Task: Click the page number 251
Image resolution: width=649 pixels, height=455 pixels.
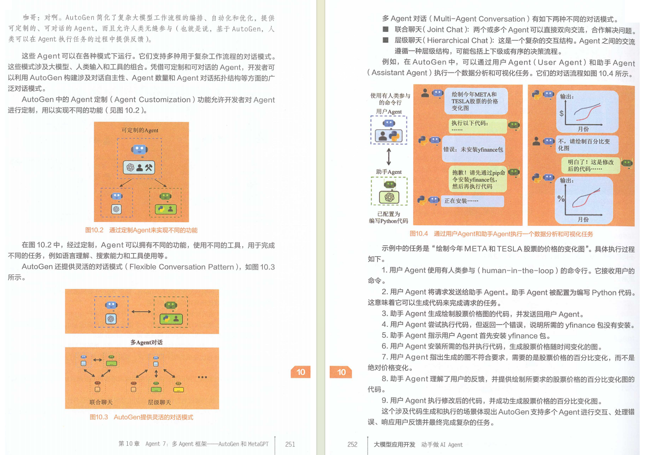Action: pos(290,444)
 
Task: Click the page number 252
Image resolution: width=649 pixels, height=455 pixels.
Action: pos(352,445)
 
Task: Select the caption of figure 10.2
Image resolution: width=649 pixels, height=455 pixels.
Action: pos(141,230)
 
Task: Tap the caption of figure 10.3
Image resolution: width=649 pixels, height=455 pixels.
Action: pos(141,417)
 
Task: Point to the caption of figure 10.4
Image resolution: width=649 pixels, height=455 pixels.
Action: pos(501,234)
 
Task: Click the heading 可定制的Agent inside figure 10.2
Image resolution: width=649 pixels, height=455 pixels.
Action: pos(140,130)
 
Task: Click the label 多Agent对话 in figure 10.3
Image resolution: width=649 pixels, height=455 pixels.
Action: pos(146,343)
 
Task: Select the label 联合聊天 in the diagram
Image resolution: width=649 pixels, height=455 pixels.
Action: pos(101,402)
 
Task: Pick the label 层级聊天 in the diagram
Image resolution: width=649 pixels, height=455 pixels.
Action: pos(159,402)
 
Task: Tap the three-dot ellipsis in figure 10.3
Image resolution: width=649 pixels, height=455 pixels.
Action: pos(202,377)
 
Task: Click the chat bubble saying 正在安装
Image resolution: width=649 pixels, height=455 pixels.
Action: pos(473,201)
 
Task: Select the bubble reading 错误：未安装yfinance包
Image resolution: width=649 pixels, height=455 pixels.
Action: pos(474,149)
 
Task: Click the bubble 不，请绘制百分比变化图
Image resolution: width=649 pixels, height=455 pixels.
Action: pos(587,144)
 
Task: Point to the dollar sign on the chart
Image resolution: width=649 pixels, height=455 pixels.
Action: pos(562,113)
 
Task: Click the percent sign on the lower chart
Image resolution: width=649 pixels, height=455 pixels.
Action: pos(561,199)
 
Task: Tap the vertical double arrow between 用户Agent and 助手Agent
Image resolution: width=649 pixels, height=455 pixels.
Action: pos(389,157)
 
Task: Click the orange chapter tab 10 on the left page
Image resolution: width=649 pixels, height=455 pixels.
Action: pos(301,372)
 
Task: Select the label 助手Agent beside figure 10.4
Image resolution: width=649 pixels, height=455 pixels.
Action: pos(389,172)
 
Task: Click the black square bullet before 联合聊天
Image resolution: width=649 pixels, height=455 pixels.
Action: pos(386,29)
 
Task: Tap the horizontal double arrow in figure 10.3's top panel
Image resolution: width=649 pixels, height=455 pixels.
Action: pos(141,312)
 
